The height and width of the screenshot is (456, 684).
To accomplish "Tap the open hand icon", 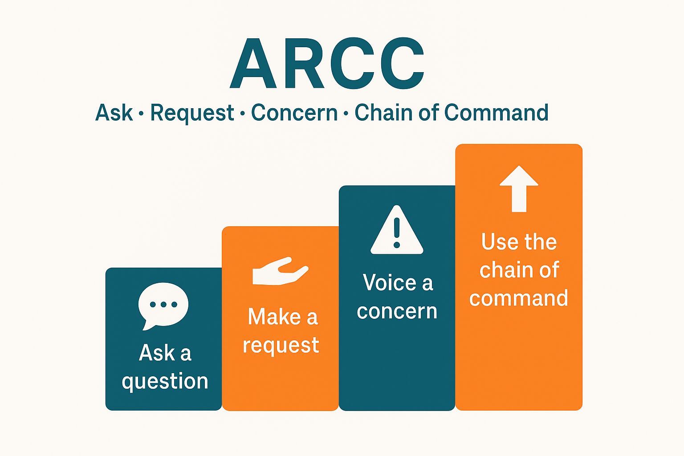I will tap(280, 271).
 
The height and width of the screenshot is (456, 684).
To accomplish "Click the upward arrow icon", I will tap(519, 188).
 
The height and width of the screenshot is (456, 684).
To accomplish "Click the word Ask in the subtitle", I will tap(114, 113).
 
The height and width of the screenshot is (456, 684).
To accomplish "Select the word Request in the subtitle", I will tap(192, 114).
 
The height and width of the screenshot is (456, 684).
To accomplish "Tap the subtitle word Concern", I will tap(294, 113).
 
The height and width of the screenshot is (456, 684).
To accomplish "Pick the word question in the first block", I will tap(165, 382).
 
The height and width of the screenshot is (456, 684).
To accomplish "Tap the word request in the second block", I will tap(281, 346).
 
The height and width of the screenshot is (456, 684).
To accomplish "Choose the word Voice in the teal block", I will tap(389, 283).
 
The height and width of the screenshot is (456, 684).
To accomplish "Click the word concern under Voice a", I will tap(397, 311).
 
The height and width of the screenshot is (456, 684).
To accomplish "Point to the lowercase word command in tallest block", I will tap(519, 298).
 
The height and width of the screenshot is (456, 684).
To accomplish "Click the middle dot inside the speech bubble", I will tap(163, 305).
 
